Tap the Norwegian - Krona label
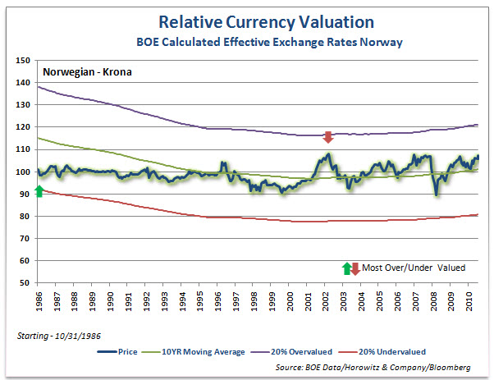(87, 71)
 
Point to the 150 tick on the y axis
(23, 61)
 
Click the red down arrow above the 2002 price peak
(328, 137)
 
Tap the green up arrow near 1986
(39, 191)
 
